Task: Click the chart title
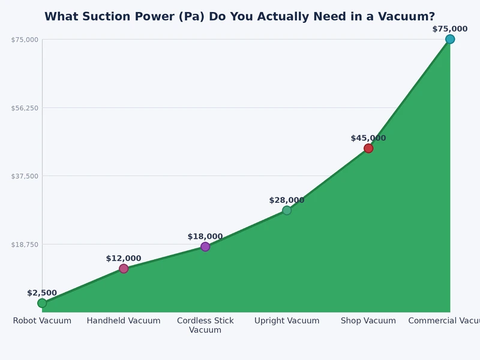239,17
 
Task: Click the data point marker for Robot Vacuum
42,303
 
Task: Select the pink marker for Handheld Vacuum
124,268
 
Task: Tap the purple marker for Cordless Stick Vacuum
205,247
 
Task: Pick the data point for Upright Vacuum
287,210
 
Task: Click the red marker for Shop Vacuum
368,148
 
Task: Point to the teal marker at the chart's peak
450,39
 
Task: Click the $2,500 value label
42,293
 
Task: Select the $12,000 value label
124,259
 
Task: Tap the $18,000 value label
205,236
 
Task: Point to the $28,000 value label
287,200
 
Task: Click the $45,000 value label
368,138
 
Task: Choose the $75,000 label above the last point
450,29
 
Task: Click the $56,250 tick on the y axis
25,108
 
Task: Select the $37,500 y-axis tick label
25,176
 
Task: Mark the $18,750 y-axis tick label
25,244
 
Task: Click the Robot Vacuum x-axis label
42,321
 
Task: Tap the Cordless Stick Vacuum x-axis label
205,325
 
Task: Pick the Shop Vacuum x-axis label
368,321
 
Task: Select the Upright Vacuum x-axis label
287,321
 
